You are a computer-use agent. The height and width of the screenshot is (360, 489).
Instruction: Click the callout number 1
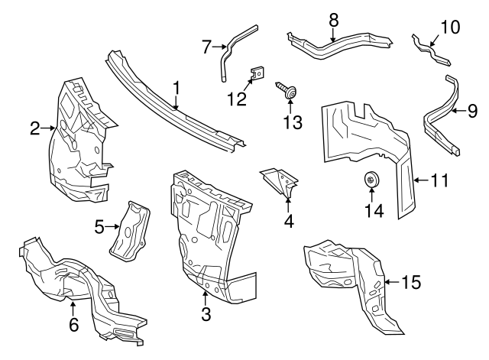(x=176, y=89)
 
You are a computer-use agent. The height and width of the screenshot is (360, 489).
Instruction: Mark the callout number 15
(x=410, y=282)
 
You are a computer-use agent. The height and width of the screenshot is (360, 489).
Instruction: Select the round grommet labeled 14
(x=371, y=180)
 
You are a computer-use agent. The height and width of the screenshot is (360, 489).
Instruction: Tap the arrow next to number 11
(x=419, y=180)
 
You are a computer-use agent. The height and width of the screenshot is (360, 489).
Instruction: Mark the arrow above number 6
(x=73, y=308)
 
